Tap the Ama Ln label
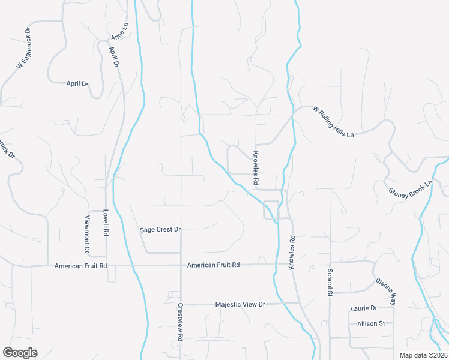119,34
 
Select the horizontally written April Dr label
77,84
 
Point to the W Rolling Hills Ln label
333,122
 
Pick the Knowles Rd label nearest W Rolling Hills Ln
256,167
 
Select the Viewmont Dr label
87,233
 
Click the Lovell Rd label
105,223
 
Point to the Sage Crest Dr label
160,229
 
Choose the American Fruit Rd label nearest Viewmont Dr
80,265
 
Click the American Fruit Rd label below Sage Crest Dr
213,265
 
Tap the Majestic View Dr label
240,305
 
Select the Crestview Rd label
180,322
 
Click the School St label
330,283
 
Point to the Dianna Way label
386,292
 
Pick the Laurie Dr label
363,308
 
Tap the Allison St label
370,323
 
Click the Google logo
20,353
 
